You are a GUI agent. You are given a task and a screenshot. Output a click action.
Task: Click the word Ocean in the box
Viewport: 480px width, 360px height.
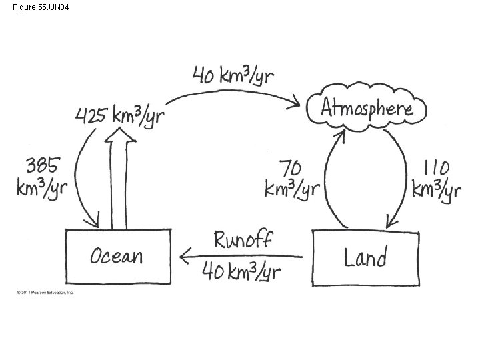pos(117,255)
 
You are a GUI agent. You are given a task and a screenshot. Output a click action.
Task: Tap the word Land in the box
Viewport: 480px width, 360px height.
pos(365,256)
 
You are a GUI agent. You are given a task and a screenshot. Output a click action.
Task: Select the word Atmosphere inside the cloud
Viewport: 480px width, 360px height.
pos(367,108)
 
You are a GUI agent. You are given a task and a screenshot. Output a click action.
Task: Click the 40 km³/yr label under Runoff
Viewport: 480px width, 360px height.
pos(241,271)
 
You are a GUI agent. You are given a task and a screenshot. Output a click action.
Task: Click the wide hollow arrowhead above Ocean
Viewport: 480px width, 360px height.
pos(121,135)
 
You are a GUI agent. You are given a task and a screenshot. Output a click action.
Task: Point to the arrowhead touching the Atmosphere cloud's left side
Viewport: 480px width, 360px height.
pos(297,103)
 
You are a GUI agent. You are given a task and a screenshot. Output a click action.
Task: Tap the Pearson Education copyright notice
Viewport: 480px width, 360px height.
pos(45,292)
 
